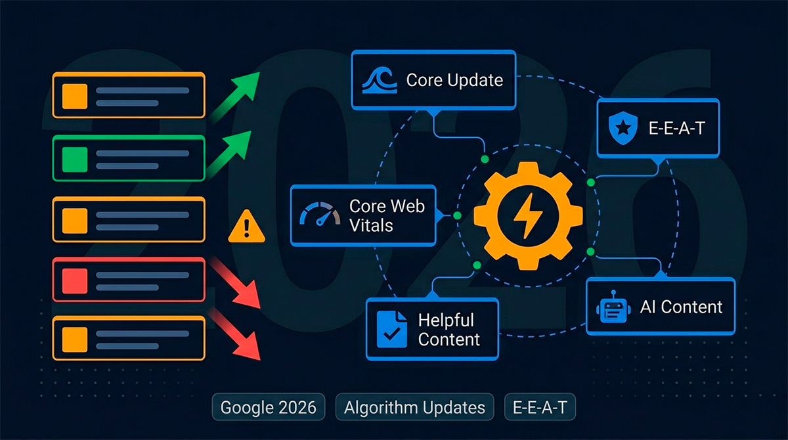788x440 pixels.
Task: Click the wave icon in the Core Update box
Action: point(380,81)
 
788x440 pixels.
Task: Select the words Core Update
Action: point(454,80)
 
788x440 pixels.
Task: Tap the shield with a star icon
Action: point(623,127)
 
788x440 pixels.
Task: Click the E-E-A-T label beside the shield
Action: point(677,127)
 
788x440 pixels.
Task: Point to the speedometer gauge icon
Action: point(320,213)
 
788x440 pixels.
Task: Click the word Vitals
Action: point(371,225)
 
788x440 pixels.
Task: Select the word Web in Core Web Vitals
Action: point(406,206)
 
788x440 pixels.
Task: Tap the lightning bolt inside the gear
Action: point(528,215)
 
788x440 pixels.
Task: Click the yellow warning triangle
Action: point(246,226)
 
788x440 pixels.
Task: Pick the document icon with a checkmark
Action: point(392,329)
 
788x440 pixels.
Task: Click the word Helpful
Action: point(446,320)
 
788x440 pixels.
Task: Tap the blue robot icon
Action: point(613,307)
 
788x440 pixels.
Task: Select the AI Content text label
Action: point(681,307)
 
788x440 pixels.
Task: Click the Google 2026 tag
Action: point(269,407)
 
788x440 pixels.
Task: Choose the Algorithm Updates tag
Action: point(415,407)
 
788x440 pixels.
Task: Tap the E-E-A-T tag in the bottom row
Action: point(540,407)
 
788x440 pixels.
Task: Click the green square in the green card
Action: point(75,160)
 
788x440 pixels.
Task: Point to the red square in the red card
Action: point(75,281)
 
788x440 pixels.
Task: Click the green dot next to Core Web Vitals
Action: point(457,215)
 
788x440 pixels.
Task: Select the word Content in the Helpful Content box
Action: point(449,340)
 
